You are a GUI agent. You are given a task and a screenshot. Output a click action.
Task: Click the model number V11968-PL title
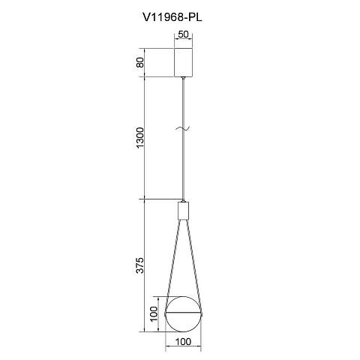[172, 17]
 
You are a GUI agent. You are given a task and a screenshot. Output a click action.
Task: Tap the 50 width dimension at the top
[183, 34]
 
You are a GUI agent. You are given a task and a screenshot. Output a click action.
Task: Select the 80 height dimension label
[140, 62]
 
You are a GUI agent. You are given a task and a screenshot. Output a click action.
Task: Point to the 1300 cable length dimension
[140, 137]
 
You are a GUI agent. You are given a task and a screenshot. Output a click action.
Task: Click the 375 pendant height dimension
[140, 265]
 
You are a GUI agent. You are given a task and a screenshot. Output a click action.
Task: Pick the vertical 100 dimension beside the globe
[154, 313]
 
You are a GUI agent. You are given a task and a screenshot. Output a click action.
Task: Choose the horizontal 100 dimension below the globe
[183, 342]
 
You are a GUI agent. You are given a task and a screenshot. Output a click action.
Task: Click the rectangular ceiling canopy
[183, 62]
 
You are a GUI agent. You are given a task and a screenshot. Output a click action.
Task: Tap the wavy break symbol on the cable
[183, 128]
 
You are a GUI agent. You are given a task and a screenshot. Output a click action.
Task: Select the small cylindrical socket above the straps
[183, 211]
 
